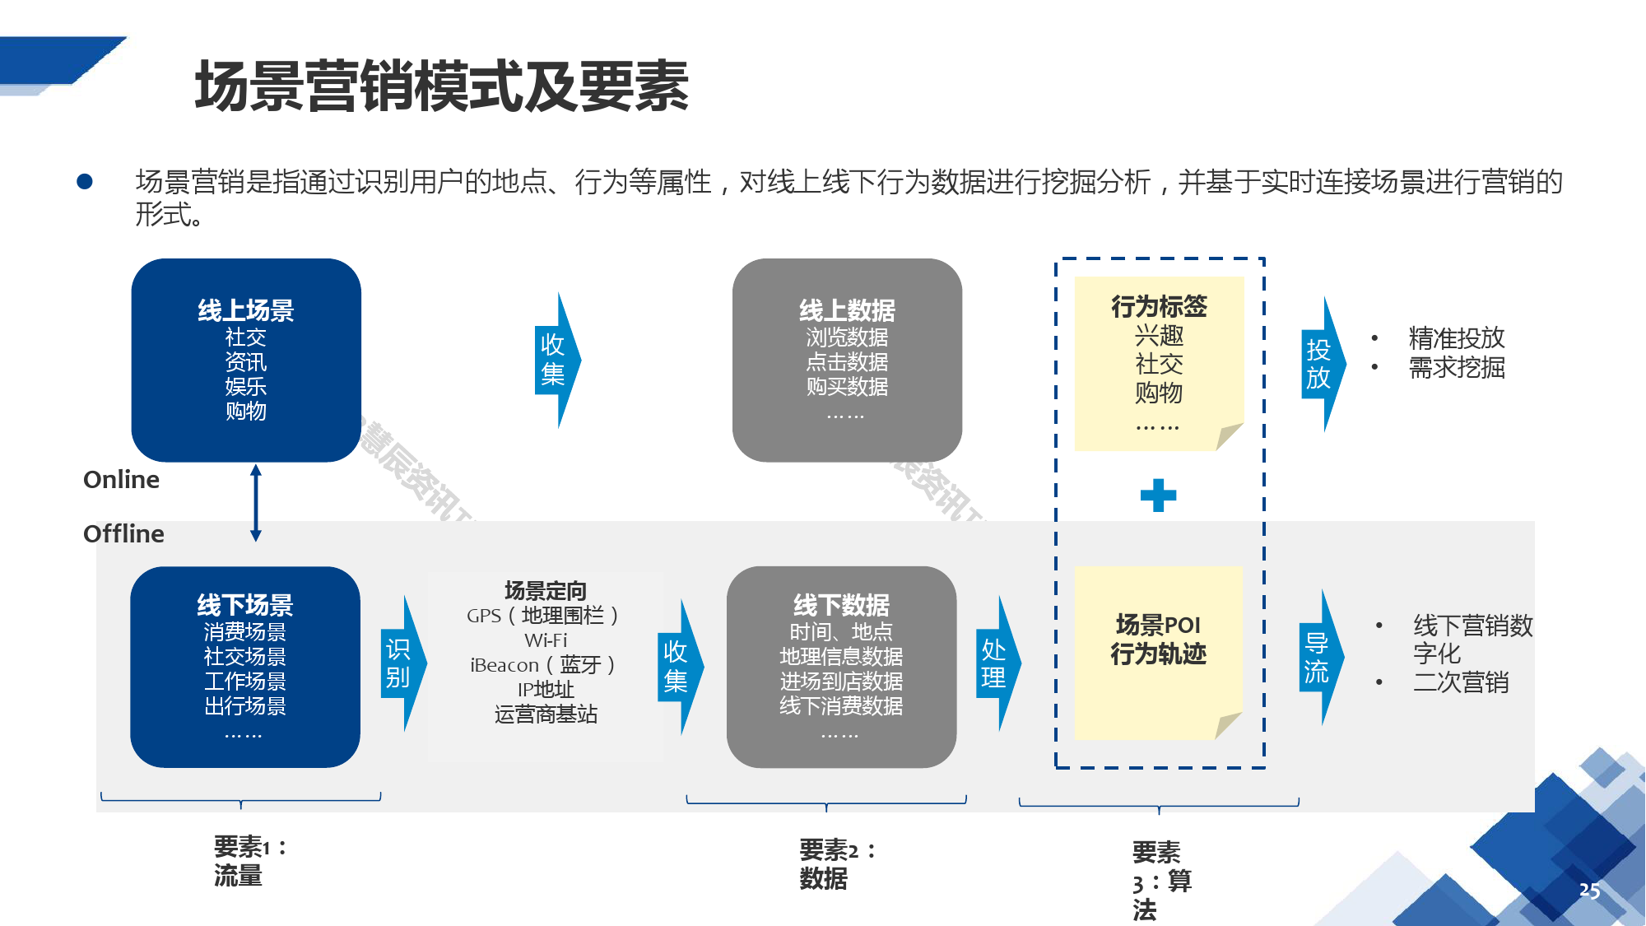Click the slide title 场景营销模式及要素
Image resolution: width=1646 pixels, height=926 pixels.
[441, 86]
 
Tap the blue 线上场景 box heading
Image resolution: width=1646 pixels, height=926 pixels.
[246, 310]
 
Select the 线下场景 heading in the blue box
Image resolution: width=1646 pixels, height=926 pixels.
[245, 605]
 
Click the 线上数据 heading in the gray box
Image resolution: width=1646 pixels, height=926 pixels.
[847, 310]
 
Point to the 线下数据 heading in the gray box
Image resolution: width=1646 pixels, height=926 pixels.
[841, 605]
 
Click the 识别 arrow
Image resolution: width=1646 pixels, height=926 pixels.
[401, 663]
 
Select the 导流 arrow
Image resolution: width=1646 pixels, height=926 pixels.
[1318, 658]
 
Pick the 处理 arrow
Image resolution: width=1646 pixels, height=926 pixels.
[995, 663]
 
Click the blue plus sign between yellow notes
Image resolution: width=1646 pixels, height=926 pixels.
[1158, 496]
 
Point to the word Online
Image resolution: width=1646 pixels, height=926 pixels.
[122, 480]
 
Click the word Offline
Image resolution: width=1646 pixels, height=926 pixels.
[123, 534]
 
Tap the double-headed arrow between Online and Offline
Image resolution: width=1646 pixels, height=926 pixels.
[256, 503]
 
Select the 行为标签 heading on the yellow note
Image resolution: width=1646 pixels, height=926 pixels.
[1159, 307]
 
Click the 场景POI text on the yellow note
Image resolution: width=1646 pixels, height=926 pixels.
[1158, 626]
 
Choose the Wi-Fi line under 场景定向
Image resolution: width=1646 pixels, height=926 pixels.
[546, 640]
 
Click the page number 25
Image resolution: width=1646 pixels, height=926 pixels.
[1589, 891]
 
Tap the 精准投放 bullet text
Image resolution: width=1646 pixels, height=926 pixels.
[1456, 337]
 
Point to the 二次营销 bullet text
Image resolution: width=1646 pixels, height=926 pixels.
[1461, 682]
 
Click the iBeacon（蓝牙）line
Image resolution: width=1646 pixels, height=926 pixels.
[543, 665]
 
